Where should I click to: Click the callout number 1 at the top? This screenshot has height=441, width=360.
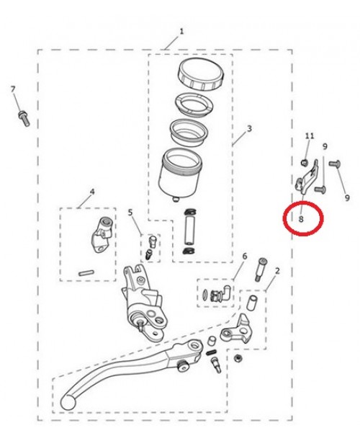[181, 31]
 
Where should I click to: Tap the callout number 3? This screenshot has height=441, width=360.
[248, 129]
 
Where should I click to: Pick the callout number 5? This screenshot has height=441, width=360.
[130, 213]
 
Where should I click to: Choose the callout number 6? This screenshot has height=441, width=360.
[244, 257]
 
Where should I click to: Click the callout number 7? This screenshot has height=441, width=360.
[13, 89]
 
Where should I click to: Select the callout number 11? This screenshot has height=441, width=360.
[310, 135]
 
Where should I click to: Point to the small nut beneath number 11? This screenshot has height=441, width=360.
[305, 161]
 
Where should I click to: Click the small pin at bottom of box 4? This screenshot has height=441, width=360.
[86, 272]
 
